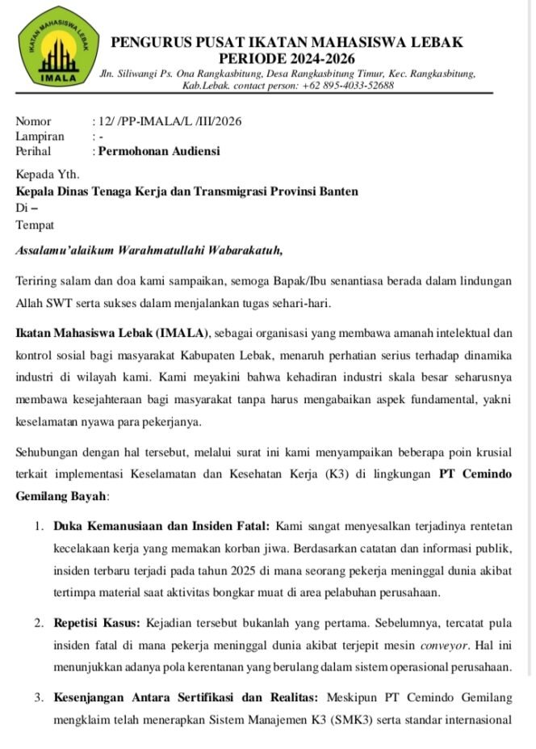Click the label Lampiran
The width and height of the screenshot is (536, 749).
click(x=40, y=137)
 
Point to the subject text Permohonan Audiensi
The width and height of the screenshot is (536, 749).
click(x=158, y=151)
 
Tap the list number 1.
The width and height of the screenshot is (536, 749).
click(x=38, y=527)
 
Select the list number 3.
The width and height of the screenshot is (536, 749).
click(x=38, y=696)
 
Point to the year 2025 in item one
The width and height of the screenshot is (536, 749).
click(x=242, y=571)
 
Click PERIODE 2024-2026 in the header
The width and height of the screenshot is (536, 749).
click(x=287, y=59)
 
